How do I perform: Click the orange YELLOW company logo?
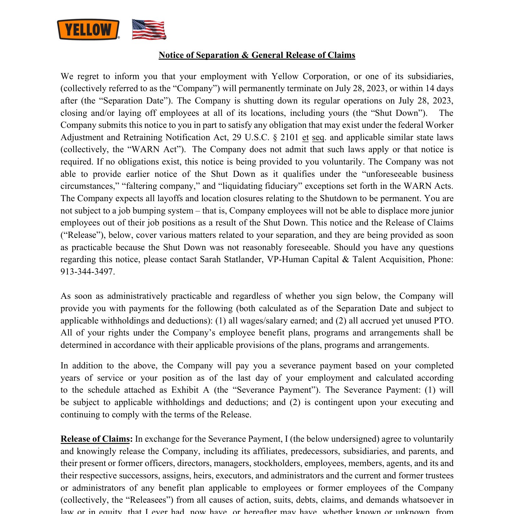88,29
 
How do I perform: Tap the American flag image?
149,29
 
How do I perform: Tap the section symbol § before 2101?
275,137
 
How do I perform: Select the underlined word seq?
318,137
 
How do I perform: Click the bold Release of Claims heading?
95,439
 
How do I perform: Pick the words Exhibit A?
190,390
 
